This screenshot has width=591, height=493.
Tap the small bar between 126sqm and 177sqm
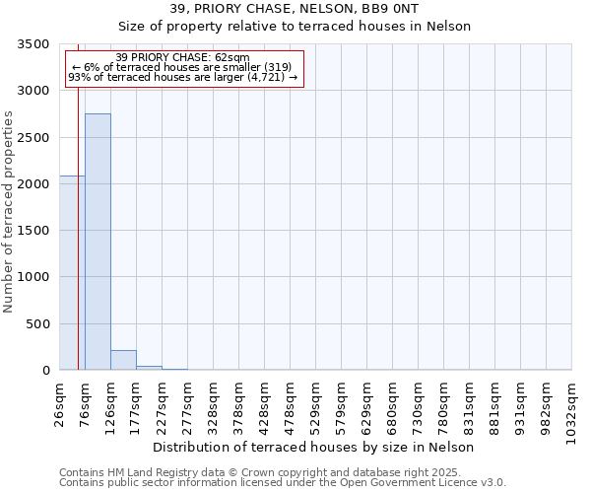[123, 361]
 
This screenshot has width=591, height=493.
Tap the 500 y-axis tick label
[37, 324]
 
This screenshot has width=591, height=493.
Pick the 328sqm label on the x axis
[214, 401]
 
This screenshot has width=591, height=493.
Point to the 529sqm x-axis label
[316, 401]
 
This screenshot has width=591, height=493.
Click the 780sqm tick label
[444, 401]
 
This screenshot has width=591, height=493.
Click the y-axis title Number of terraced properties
[10, 212]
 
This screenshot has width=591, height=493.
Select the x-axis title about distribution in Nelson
[315, 448]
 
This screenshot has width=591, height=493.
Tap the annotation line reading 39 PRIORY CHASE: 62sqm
[183, 58]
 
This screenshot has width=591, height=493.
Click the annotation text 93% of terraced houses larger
[183, 77]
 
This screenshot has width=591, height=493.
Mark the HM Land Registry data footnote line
[260, 473]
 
